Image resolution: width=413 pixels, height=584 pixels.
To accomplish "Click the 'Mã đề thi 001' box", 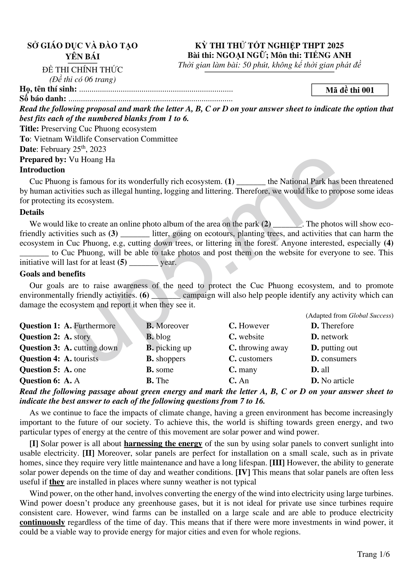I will point(350,90).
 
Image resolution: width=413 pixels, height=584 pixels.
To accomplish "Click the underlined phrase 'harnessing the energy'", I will point(163,444).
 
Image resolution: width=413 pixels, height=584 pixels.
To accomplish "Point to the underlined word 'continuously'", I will point(42,523).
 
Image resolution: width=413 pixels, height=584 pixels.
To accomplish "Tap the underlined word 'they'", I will point(57,482).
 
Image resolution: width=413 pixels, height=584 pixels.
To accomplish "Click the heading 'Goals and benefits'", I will point(52,274).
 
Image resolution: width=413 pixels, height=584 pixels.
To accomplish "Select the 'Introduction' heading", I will point(42,170).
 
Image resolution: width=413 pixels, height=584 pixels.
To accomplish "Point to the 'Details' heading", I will point(32,212).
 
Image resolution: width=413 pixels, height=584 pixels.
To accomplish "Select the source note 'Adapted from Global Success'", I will point(349,316).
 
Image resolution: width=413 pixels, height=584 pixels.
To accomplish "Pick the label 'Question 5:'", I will point(40,370).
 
